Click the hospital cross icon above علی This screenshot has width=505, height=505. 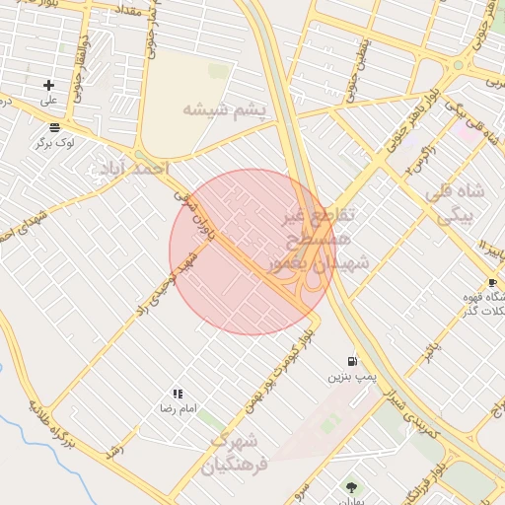click(47, 86)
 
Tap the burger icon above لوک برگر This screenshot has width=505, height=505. click(53, 127)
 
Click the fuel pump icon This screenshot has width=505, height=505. click(352, 362)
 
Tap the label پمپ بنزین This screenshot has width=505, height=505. click(352, 377)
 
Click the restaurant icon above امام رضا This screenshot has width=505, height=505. click(178, 393)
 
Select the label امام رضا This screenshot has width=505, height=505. click(180, 407)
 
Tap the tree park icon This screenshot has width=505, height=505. click(352, 486)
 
